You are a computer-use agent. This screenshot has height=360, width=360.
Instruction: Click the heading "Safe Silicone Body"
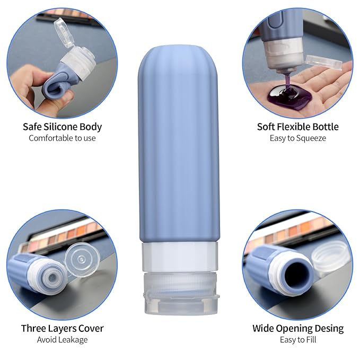(62, 127)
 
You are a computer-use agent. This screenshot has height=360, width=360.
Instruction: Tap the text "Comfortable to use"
(62, 138)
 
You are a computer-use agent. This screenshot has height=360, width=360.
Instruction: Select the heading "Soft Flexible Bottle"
(297, 127)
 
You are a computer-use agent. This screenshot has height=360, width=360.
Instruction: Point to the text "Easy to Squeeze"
(297, 138)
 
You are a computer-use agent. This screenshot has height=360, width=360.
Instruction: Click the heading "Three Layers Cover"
(62, 328)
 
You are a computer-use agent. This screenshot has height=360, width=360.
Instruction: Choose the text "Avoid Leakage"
(62, 339)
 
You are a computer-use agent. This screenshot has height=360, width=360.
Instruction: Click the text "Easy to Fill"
(297, 339)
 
